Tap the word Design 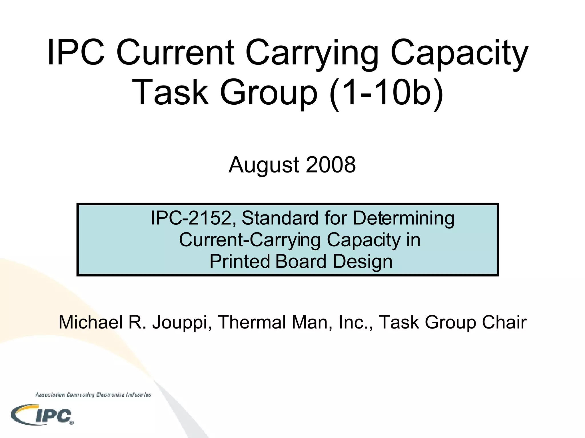pos(362,262)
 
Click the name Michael pos(91,322)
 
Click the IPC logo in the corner pos(42,415)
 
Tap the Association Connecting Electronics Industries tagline pos(93,395)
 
